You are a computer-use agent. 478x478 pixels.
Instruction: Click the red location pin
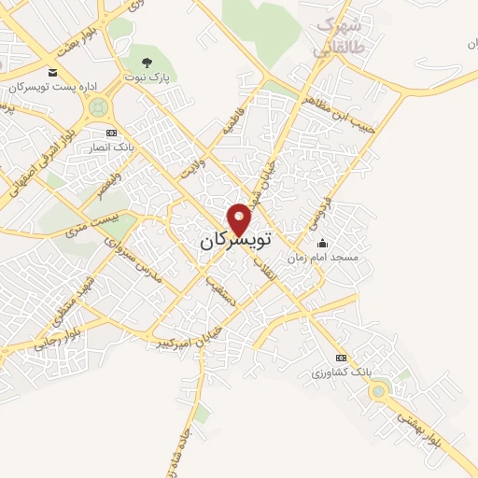(x=240, y=218)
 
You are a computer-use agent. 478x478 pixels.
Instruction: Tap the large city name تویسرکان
(x=234, y=241)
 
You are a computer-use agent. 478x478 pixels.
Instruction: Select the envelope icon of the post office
(x=52, y=73)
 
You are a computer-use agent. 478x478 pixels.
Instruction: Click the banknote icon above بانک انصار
(x=111, y=134)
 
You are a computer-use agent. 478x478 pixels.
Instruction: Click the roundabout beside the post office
(x=94, y=107)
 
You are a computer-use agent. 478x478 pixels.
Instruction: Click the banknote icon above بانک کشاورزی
(x=342, y=358)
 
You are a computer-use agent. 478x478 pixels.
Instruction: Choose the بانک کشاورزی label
(x=342, y=372)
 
